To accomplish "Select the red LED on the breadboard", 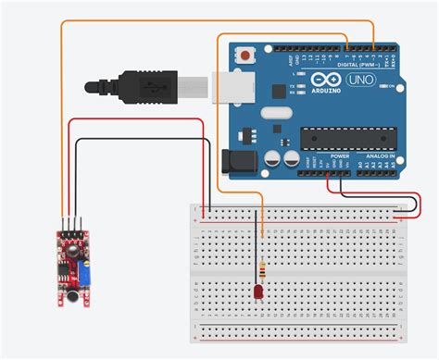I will (257, 293).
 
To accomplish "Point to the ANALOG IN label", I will (381, 156).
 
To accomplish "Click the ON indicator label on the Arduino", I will (399, 86).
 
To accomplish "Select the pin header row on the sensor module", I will (70, 221).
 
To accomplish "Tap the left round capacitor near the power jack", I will (271, 158).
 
